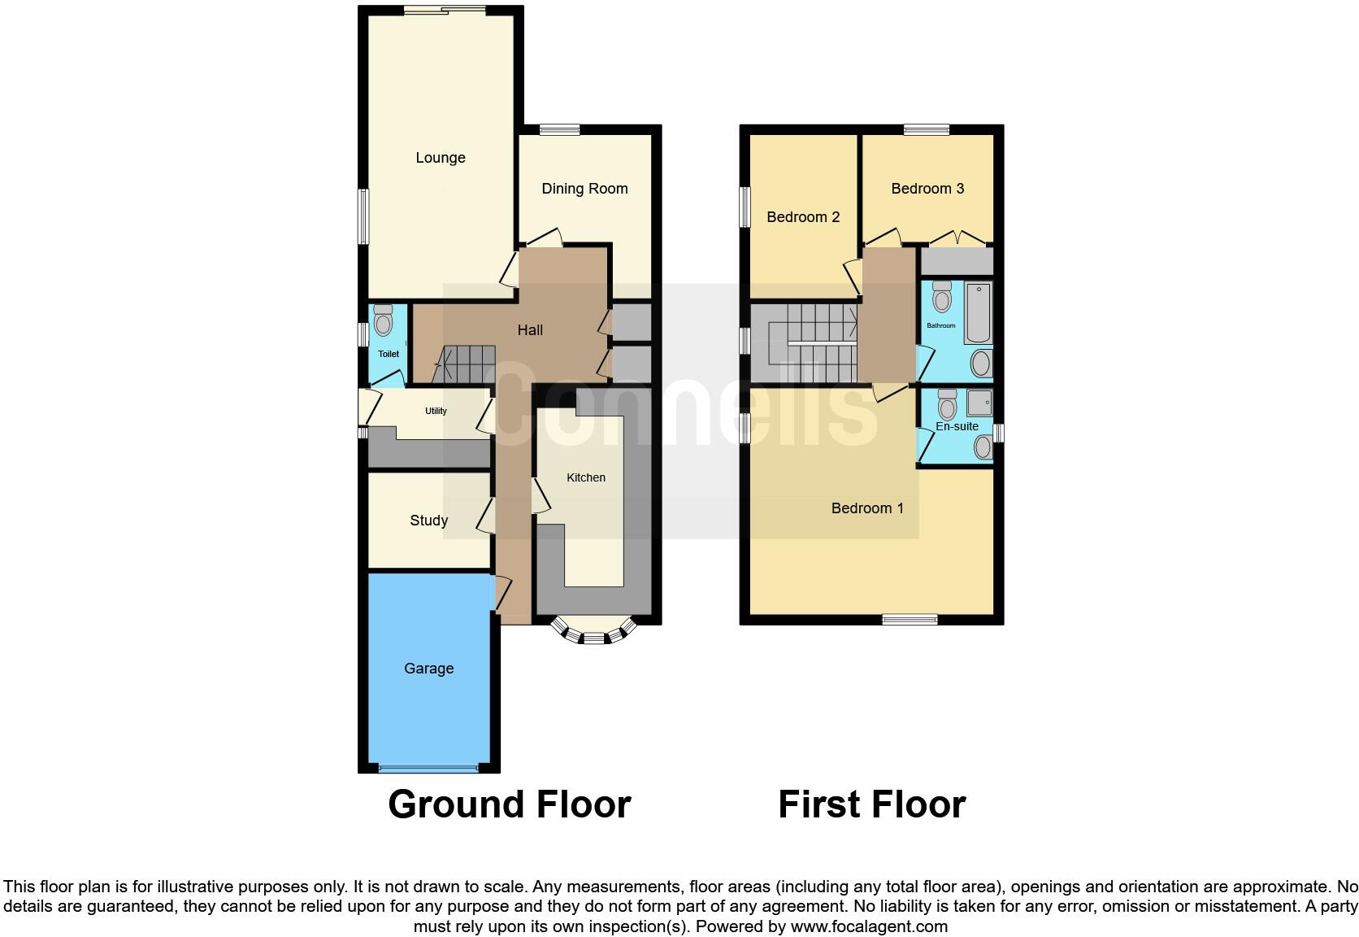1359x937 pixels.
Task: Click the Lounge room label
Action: pos(440,158)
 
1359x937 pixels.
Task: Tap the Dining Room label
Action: pos(584,189)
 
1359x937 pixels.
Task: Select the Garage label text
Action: pos(428,669)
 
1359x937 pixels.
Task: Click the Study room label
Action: pos(428,521)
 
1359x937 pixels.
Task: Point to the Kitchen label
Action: pos(585,477)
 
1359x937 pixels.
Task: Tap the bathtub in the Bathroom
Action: pos(978,313)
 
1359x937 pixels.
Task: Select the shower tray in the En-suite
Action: pos(979,403)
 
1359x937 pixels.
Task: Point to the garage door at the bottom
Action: pos(428,768)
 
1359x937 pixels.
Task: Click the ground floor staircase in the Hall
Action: pos(465,364)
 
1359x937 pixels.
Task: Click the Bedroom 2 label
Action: pos(802,217)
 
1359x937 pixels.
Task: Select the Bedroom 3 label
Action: pos(927,189)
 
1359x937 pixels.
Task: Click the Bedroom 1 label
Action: pos(866,508)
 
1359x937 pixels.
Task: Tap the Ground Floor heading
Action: pos(509,804)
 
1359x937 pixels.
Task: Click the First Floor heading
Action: pos(871,804)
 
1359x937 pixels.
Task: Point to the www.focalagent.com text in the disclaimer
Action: pos(868,926)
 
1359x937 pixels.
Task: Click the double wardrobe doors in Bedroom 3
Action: pos(957,240)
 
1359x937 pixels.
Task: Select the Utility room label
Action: pos(436,411)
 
